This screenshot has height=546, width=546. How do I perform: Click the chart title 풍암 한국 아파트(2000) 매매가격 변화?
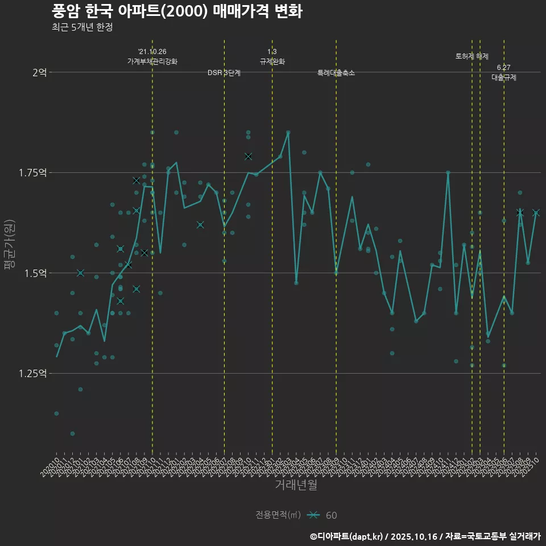177,11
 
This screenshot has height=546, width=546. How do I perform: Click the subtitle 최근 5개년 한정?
82,27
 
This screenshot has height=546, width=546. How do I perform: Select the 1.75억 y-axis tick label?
33,172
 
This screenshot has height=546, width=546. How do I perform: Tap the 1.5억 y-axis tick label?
35,273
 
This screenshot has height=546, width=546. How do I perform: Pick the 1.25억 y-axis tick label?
33,373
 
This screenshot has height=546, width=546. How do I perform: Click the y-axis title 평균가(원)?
10,245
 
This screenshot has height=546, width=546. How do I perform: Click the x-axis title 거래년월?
296,485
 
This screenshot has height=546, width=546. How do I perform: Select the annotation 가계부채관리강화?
152,61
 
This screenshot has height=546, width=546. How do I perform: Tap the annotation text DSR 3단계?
224,73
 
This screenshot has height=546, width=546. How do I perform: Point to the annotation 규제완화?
272,61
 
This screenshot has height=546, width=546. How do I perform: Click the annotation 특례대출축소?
336,73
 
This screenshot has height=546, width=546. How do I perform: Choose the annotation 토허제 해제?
472,56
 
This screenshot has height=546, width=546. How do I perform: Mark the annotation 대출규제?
504,77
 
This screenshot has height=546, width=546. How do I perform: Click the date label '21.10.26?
152,52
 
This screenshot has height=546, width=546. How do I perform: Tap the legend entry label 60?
331,515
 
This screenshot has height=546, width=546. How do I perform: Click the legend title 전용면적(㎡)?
278,515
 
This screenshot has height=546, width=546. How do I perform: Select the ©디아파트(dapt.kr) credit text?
347,536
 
